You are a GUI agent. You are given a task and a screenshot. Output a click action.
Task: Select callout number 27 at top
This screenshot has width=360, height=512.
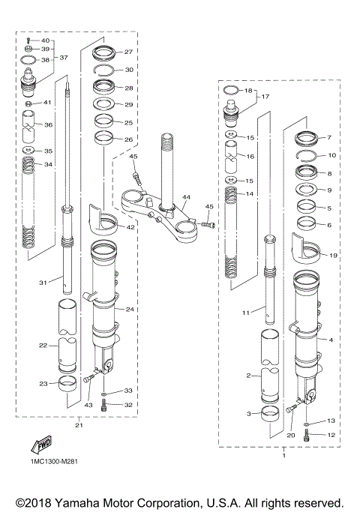click(x=128, y=52)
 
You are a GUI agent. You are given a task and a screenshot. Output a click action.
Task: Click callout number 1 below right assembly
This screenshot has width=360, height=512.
click(x=283, y=454)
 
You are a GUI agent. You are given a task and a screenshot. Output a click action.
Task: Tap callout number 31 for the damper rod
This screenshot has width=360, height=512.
click(x=44, y=283)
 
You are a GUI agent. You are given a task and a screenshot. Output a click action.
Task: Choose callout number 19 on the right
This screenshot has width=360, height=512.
click(x=333, y=256)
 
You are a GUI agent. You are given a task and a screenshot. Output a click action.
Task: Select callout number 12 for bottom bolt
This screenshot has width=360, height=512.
click(x=331, y=435)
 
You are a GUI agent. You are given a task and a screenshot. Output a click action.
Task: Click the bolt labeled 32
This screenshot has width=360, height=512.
click(x=103, y=406)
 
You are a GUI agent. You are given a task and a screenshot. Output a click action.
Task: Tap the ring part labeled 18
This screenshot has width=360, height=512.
click(x=232, y=91)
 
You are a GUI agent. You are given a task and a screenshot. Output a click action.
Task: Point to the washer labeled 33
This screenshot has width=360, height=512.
click(x=103, y=392)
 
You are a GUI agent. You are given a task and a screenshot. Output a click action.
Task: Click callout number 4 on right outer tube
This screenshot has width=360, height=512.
click(x=330, y=340)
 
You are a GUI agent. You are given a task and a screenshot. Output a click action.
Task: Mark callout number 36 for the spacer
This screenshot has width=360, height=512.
click(x=49, y=124)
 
